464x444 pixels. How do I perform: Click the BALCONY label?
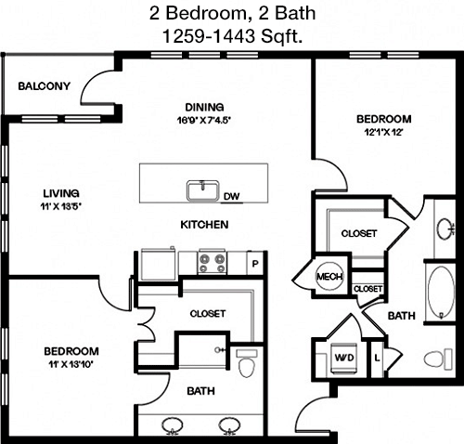(45, 86)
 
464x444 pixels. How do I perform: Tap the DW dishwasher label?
(232, 196)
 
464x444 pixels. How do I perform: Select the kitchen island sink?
(202, 190)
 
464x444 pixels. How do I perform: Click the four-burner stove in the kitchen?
(212, 263)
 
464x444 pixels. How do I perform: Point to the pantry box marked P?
(255, 264)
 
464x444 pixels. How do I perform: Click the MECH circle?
(329, 276)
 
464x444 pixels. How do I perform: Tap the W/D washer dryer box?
(344, 359)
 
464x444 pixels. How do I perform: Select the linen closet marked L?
(377, 359)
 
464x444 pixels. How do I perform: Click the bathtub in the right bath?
(441, 293)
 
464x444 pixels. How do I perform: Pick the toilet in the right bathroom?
(438, 359)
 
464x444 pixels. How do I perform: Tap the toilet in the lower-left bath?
(247, 363)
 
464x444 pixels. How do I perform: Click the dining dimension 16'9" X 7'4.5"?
(204, 120)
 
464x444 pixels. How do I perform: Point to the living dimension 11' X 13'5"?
(60, 206)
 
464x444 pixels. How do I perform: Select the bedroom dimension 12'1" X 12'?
(383, 133)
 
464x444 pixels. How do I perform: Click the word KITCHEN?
(204, 225)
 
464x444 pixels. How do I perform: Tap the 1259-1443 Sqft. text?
(232, 36)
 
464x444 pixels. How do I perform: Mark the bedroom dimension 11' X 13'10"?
(71, 364)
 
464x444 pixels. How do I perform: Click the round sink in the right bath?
(445, 229)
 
